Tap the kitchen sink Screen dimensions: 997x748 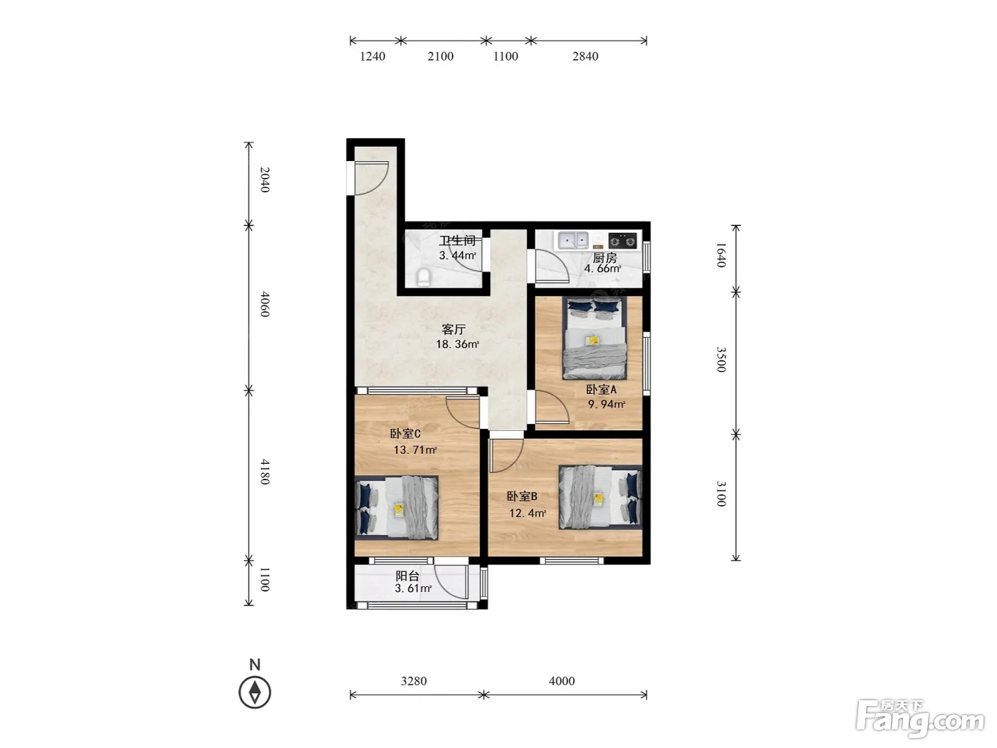(573, 240)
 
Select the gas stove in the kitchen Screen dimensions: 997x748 (622, 240)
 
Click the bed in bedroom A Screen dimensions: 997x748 (595, 338)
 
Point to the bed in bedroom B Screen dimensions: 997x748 (600, 497)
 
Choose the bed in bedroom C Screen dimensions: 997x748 (397, 508)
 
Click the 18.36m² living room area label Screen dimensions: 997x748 (457, 344)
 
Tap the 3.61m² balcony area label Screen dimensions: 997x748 (413, 588)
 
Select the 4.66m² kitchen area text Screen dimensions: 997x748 (602, 269)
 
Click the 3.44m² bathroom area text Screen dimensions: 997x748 (457, 255)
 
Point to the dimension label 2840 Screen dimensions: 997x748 (585, 56)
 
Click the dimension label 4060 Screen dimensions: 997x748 (265, 304)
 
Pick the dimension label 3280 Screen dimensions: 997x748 (414, 681)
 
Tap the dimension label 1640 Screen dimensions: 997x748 (721, 255)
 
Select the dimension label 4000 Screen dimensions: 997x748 (561, 681)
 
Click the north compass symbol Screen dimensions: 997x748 (255, 692)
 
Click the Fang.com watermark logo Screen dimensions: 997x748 (920, 720)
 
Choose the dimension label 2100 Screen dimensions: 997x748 (441, 56)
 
